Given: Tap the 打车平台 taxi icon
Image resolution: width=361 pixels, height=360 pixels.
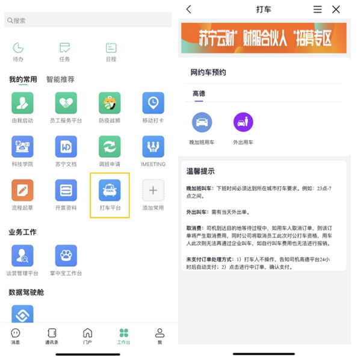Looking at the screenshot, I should coord(110,190).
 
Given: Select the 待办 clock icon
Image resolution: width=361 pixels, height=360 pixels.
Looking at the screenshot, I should coord(18,48).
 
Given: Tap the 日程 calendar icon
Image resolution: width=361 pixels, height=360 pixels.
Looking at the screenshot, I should coord(111,48).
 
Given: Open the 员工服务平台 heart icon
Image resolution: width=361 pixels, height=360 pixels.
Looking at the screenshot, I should coord(66,103).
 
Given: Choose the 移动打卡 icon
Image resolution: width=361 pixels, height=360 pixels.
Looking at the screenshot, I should coord(153,103).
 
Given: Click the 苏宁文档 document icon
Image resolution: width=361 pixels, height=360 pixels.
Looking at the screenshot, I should coord(66,146).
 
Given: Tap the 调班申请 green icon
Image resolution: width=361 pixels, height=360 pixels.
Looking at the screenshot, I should coord(110,146).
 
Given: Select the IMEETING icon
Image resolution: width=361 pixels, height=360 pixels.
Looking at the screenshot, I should coord(153,146).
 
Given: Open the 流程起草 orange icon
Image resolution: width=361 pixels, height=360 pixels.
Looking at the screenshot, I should coord(22,190).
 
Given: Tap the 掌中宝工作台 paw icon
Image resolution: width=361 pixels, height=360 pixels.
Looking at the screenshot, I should coord(66,255).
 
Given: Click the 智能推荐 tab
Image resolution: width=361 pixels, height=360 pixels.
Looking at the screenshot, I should coord(60,79).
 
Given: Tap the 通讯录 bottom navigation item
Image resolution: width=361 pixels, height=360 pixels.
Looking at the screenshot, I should coord(52,335).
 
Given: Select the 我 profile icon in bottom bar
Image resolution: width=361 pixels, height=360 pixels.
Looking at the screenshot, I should coord(159,335).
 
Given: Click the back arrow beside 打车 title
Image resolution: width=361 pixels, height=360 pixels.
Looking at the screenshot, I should coord(189,9).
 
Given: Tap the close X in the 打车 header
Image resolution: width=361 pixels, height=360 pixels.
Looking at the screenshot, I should coord(336,9).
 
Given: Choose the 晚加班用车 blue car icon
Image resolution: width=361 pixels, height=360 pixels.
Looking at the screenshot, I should coord(202,122).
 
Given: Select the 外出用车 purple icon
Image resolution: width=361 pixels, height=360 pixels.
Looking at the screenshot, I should coord(243,122).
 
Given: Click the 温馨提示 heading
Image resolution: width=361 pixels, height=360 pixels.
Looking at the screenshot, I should coord(200,172).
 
